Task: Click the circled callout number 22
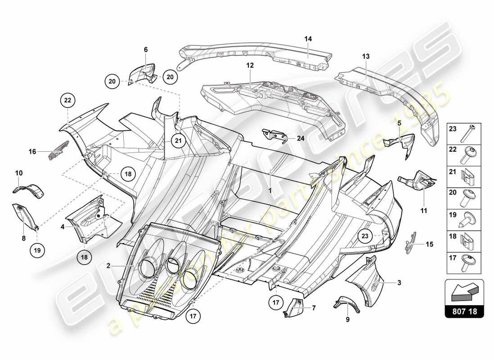point(67,100)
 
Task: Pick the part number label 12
point(250,65)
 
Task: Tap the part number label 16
point(32,152)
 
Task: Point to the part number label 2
point(108,266)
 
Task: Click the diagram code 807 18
point(464,310)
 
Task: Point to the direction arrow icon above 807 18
point(464,292)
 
